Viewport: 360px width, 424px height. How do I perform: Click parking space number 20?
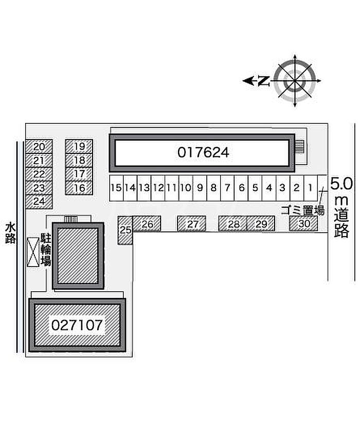39,147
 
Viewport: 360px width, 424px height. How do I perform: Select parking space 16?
79,188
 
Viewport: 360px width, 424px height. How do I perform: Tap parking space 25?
125,231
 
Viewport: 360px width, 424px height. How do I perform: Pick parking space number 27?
192,224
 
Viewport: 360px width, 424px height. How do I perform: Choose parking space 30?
303,223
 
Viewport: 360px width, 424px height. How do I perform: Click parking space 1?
311,188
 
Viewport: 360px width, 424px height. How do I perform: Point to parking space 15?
116,188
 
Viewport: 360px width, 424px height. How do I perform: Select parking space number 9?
200,188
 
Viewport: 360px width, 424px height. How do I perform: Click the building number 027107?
77,325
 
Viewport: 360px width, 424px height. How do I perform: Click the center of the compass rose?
295,81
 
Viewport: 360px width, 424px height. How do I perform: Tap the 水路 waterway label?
10,233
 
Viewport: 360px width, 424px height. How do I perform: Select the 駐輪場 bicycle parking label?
45,250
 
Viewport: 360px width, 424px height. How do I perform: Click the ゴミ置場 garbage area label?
303,210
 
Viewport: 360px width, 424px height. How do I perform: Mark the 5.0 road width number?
341,184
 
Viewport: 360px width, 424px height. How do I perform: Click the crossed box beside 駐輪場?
33,252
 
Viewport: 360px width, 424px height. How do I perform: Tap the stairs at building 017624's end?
300,146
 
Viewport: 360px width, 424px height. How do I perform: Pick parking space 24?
39,202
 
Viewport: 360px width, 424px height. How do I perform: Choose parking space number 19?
79,146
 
